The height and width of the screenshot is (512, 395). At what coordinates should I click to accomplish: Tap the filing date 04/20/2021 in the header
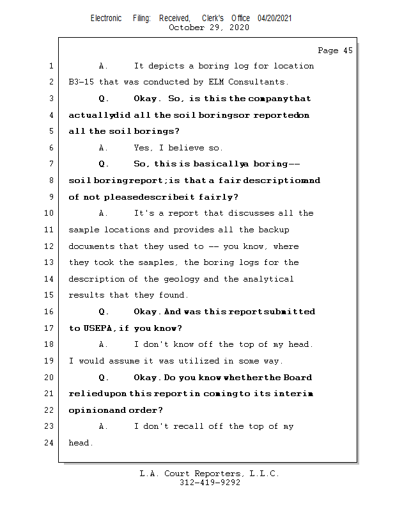click(x=275, y=19)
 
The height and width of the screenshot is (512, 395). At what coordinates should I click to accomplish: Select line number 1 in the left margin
click(x=51, y=66)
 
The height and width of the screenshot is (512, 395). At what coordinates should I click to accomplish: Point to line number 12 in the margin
click(x=49, y=246)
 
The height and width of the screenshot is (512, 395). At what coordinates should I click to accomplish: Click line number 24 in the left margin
click(x=49, y=443)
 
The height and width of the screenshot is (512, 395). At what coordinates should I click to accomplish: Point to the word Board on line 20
click(x=297, y=378)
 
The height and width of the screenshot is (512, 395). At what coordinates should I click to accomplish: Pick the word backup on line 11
click(x=274, y=230)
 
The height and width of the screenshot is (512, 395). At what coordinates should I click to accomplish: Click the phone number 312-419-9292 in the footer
click(x=210, y=483)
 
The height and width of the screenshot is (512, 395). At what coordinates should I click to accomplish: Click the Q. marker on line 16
click(x=104, y=312)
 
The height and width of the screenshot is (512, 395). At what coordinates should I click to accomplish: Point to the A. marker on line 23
click(x=104, y=426)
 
